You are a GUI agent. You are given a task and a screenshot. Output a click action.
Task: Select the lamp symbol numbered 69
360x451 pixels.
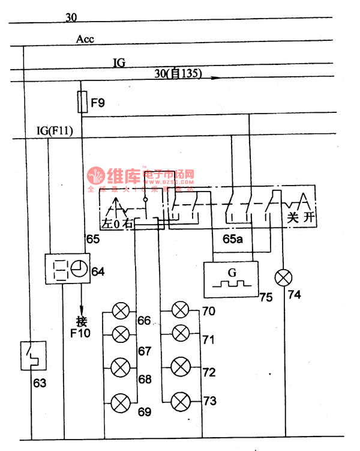[121, 400]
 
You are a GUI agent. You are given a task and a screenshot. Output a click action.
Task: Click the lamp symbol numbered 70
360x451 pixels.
[181, 310]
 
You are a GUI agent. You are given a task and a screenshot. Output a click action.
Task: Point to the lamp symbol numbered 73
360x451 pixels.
[181, 400]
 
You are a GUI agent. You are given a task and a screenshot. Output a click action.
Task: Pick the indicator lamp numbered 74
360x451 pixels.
[282, 278]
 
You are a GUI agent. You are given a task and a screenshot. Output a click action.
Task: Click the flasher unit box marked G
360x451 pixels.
[230, 279]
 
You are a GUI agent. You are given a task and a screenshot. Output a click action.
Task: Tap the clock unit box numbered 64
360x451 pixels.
[68, 270]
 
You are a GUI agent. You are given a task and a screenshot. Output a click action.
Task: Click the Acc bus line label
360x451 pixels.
[85, 40]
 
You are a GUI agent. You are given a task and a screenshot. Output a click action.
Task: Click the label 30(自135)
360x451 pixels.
[178, 74]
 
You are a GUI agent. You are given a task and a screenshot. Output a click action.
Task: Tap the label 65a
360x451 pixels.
[233, 239]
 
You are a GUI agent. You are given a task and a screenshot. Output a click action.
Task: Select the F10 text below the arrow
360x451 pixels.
[80, 332]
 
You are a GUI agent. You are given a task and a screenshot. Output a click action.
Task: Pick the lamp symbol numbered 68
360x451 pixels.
[121, 365]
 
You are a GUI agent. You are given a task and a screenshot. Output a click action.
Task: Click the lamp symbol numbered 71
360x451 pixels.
[181, 332]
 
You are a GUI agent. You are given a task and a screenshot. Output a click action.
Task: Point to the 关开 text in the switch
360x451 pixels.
[300, 217]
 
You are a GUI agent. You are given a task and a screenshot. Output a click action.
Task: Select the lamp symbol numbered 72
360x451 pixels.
[181, 365]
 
